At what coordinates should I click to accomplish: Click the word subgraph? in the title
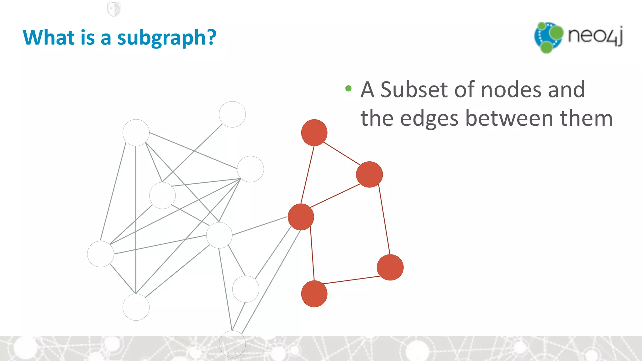pos(166,38)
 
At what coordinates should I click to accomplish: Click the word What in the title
pos(49,37)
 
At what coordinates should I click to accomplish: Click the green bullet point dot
pos(348,88)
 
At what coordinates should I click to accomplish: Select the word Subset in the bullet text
pos(414,90)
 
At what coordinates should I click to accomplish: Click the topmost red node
pos(314,133)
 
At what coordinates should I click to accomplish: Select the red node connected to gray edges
pos(301,217)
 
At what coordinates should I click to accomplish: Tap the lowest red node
pos(314,294)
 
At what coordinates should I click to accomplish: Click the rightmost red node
pos(390,267)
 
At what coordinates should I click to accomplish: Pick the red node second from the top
pos(369,175)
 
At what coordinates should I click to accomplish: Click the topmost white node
pos(232,114)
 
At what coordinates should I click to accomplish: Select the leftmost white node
pos(100,254)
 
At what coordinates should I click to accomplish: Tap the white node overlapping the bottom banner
pos(232,344)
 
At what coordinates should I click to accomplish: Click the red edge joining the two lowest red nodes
pos(352,280)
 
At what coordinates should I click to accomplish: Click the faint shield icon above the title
pos(114,9)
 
